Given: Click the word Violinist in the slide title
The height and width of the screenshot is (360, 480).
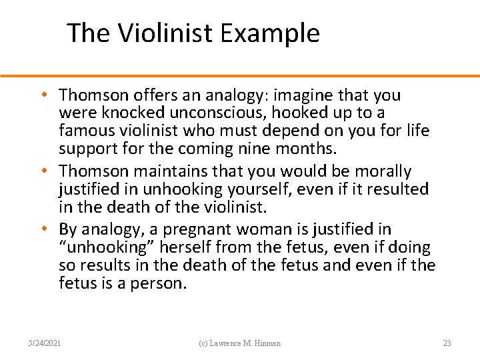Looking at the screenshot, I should point(163,33).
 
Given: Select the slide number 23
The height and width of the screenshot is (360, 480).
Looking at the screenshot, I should point(447,343).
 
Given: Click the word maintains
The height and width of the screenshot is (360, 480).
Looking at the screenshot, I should point(164,172).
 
